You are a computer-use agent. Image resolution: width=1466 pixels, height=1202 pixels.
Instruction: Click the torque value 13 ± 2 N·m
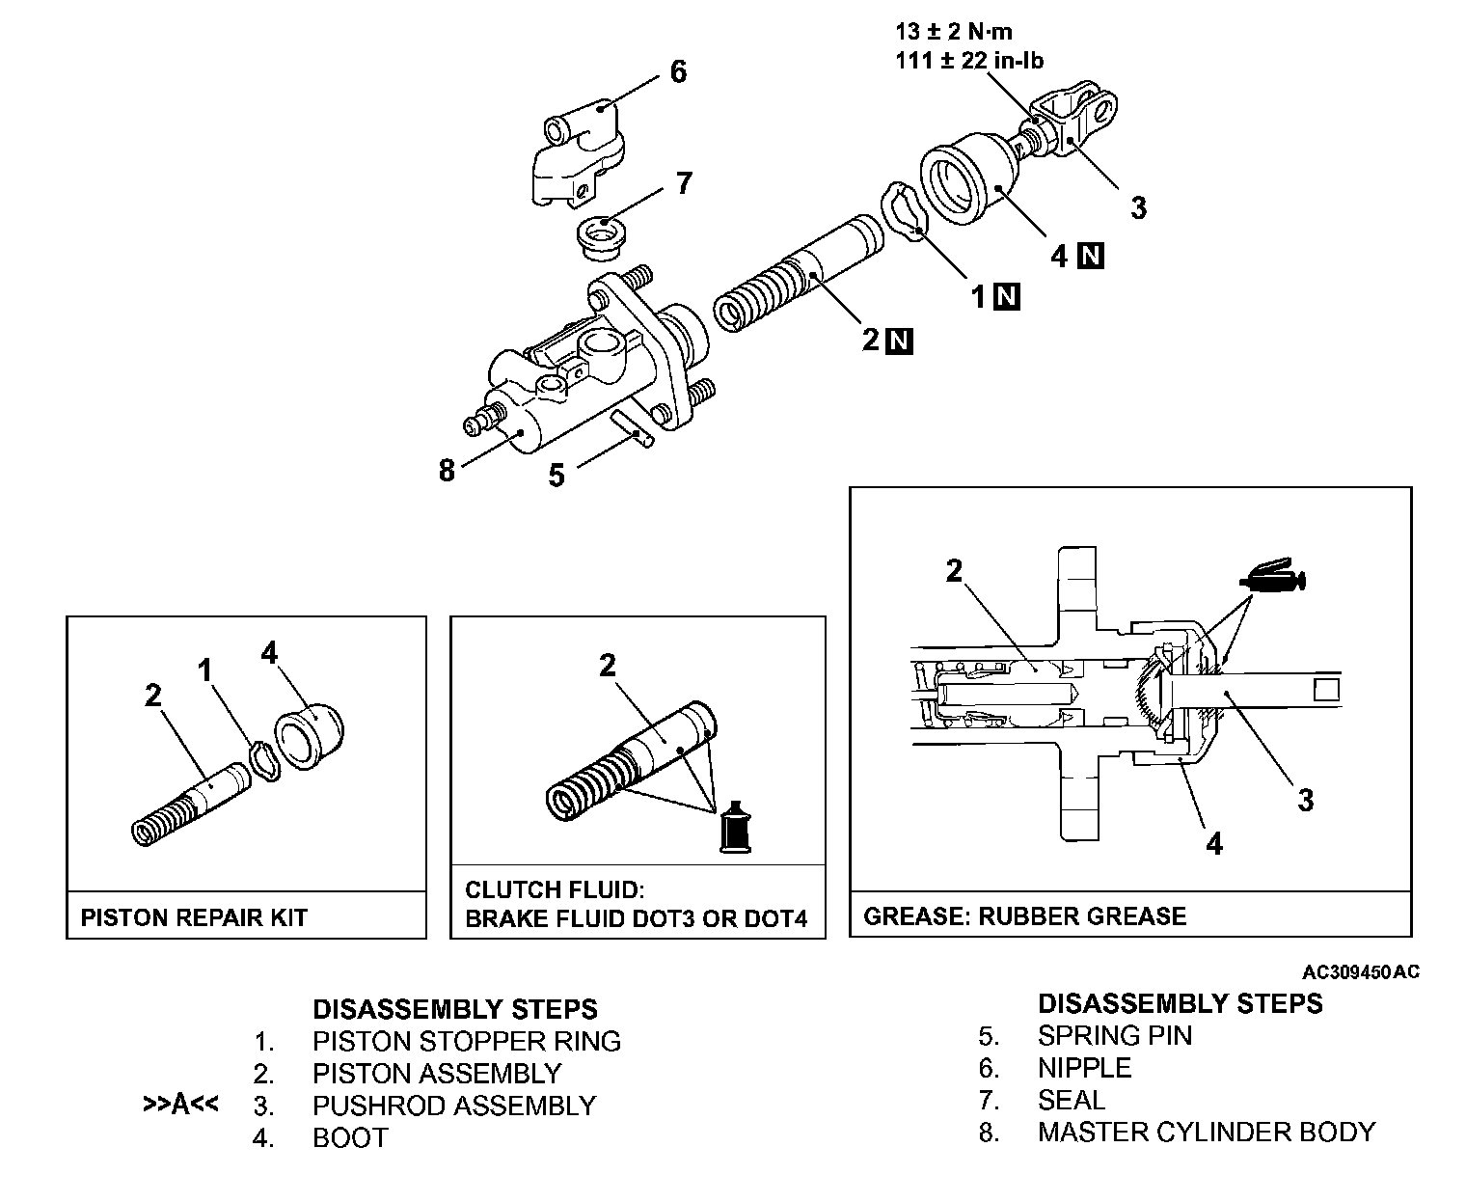(x=953, y=32)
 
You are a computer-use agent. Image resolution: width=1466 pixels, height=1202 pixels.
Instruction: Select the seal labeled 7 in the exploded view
(x=600, y=238)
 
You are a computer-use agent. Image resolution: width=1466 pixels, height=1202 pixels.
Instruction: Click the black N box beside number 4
(x=1090, y=256)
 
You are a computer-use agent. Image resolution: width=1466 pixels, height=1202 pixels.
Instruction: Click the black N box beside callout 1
(x=1006, y=297)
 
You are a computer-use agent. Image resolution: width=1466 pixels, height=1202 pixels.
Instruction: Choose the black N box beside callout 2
(x=899, y=341)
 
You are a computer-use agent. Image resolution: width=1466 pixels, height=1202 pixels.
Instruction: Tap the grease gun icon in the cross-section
(x=1272, y=576)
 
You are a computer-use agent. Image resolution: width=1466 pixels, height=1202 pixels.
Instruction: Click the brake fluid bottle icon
(x=735, y=827)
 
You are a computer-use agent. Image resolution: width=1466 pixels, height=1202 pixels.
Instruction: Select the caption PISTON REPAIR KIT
(x=194, y=917)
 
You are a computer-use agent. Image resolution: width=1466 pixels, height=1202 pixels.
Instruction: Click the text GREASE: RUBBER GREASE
(x=1024, y=916)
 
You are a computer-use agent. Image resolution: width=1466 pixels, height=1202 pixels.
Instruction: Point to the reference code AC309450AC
(x=1360, y=971)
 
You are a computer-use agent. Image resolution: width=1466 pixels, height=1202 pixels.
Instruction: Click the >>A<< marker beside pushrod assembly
(x=180, y=1104)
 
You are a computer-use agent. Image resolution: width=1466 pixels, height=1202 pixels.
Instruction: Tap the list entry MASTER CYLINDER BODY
(x=1207, y=1132)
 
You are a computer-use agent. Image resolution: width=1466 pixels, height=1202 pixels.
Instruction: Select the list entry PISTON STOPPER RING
(x=467, y=1042)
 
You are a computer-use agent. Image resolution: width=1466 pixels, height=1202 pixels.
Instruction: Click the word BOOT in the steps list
(x=350, y=1138)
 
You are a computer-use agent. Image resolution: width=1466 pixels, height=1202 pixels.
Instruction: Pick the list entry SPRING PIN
(x=1115, y=1036)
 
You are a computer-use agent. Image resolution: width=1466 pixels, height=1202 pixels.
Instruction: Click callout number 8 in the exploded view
(x=447, y=471)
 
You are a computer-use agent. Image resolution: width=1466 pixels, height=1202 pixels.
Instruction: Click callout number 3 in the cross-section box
(x=1306, y=800)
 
